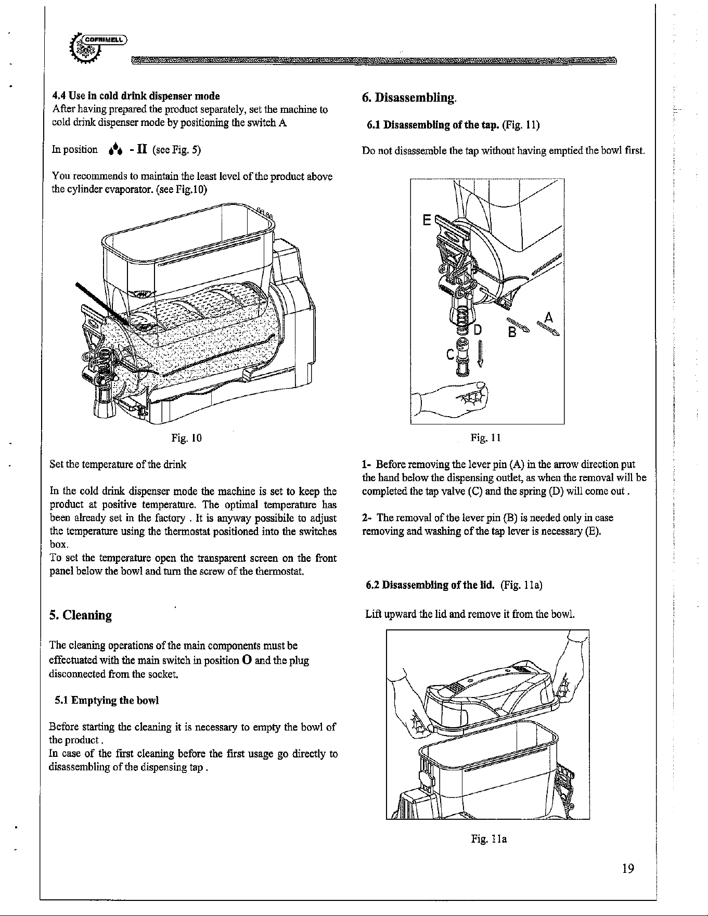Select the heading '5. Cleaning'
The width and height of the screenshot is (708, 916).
[81, 615]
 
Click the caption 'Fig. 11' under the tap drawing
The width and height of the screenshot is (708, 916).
[485, 438]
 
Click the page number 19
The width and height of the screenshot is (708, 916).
[628, 869]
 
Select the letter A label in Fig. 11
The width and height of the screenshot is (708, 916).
[548, 317]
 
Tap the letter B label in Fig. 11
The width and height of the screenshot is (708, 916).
[512, 331]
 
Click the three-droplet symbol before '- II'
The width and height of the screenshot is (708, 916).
[114, 150]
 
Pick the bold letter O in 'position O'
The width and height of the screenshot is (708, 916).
[247, 661]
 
